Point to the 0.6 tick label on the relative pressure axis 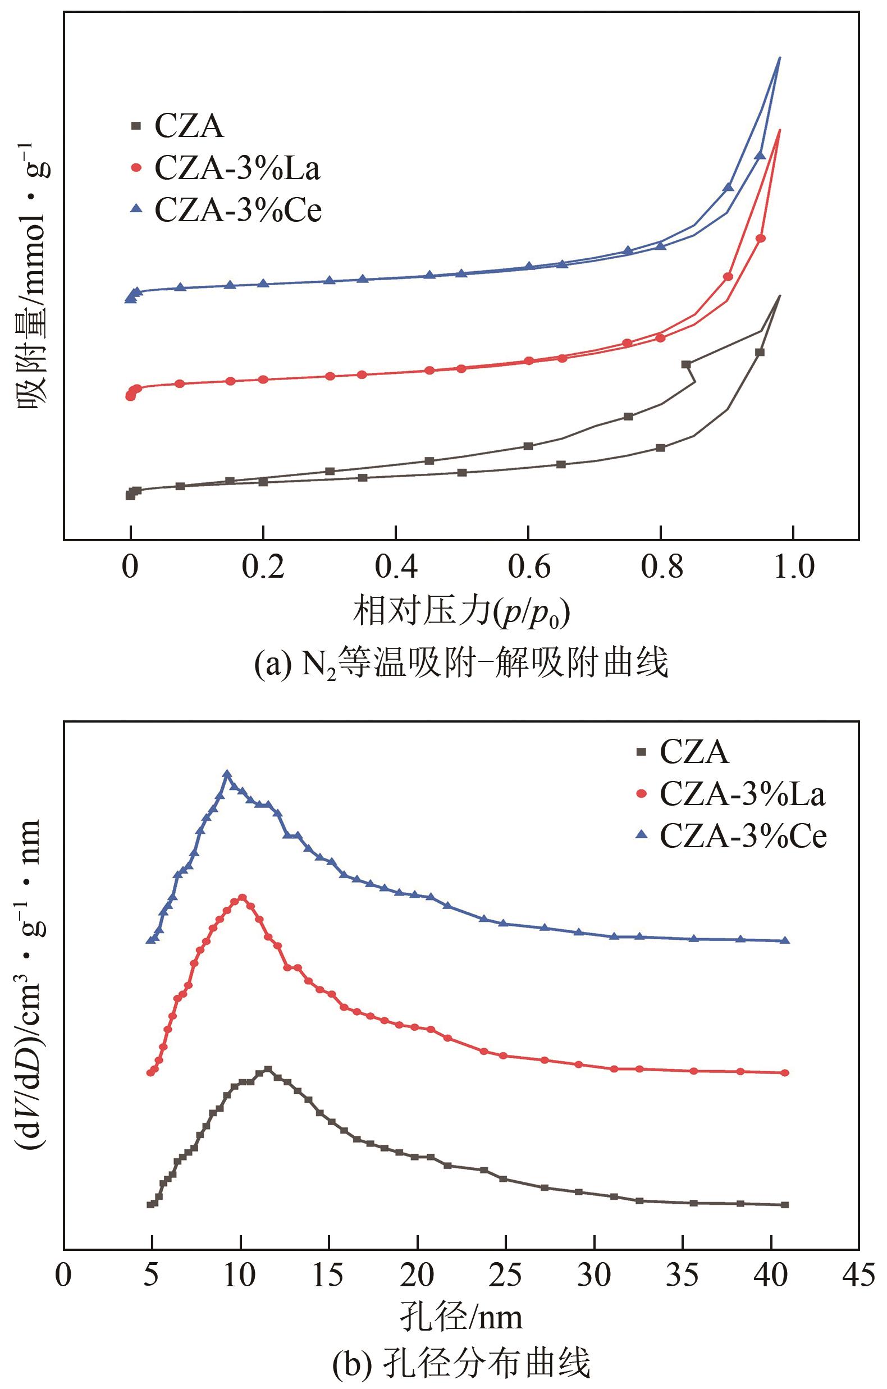[x=528, y=568]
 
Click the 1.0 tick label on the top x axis [x=794, y=568]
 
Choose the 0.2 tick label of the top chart [x=263, y=568]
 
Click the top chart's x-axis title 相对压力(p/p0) [x=461, y=613]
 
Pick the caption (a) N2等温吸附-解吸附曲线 [x=461, y=664]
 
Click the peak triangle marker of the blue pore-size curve [x=227, y=774]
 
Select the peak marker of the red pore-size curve [x=241, y=898]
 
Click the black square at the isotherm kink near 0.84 [x=685, y=364]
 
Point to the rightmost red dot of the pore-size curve [x=784, y=1073]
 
